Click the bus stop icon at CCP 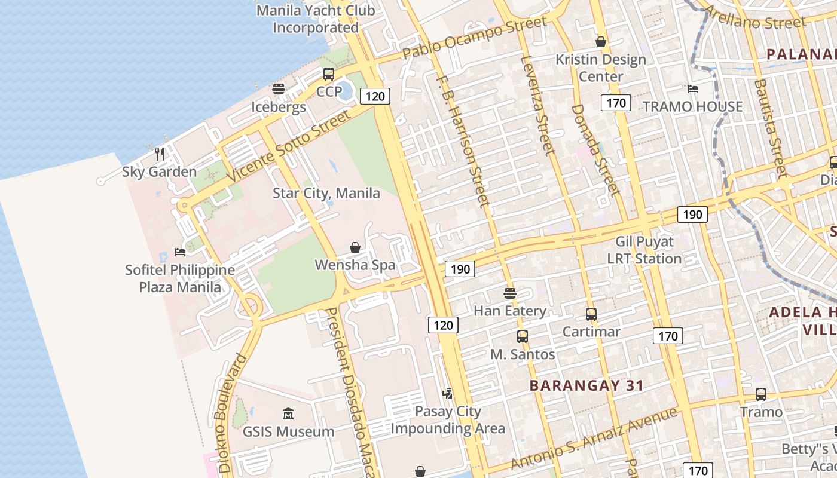click(x=329, y=74)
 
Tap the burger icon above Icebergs click(x=279, y=90)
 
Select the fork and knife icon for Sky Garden click(x=160, y=154)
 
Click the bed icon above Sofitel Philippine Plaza click(x=179, y=252)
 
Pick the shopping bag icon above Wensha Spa click(x=355, y=247)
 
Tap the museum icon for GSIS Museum click(x=288, y=413)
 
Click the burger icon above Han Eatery click(x=509, y=293)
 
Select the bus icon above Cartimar click(x=591, y=314)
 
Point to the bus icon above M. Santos click(x=523, y=336)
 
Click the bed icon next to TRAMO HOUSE click(x=693, y=89)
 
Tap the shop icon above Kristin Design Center click(x=601, y=42)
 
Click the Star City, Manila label click(x=326, y=193)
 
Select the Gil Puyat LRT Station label click(x=644, y=250)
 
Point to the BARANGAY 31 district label click(x=586, y=385)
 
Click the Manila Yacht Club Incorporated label click(x=316, y=19)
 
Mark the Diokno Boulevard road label click(x=233, y=413)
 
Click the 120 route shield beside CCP click(x=375, y=96)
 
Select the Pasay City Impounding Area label click(x=448, y=419)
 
